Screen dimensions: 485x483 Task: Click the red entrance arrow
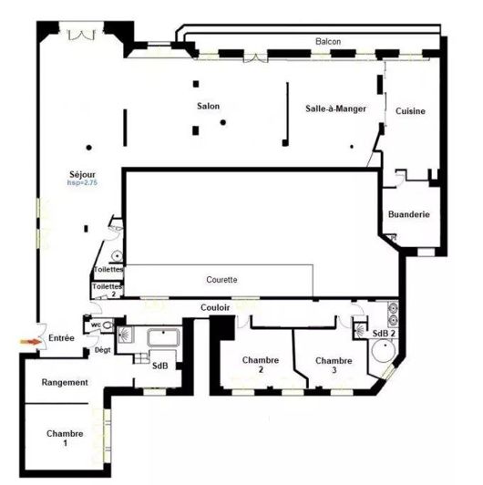click(27, 341)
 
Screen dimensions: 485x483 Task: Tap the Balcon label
click(329, 42)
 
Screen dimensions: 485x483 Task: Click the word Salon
click(208, 107)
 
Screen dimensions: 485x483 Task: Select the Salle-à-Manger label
click(335, 108)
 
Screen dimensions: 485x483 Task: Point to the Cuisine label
click(410, 111)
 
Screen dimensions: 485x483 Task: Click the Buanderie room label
click(408, 214)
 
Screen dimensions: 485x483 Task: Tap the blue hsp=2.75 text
click(83, 183)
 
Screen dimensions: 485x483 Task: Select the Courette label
click(221, 280)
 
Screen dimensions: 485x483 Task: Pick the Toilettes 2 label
click(105, 290)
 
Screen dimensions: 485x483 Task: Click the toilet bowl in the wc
click(108, 325)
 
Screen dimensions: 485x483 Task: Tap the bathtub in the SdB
click(164, 338)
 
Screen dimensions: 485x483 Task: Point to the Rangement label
click(65, 383)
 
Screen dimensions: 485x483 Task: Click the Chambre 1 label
click(65, 438)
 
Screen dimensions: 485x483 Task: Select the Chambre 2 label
click(259, 365)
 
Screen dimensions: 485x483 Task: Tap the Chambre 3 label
click(333, 365)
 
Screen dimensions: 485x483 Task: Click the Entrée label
click(61, 338)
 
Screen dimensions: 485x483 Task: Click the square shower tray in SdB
click(128, 339)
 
